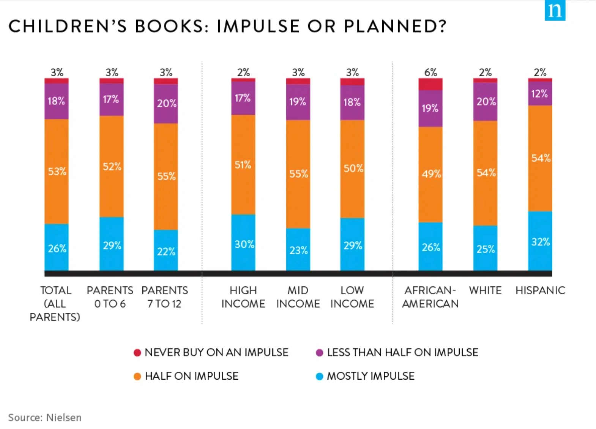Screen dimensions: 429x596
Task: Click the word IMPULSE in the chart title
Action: [x=258, y=26]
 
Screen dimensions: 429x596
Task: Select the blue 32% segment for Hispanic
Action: [x=540, y=241]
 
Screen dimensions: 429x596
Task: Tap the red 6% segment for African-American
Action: [x=430, y=84]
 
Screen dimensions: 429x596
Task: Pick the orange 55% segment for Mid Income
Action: [x=298, y=174]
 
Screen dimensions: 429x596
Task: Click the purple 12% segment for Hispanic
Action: [x=540, y=94]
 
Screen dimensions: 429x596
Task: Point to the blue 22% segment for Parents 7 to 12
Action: [x=166, y=251]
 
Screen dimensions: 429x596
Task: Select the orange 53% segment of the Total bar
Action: [x=57, y=171]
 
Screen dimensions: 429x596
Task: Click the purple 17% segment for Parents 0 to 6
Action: [x=111, y=99]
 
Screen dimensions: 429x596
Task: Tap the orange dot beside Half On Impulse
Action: [x=137, y=376]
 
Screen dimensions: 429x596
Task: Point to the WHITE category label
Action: [x=485, y=290]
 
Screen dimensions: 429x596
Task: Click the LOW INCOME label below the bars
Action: [x=352, y=297]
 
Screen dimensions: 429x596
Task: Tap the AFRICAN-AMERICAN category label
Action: [x=430, y=297]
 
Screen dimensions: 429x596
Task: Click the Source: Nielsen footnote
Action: [x=45, y=418]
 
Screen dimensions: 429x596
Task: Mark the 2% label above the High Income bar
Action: [x=243, y=72]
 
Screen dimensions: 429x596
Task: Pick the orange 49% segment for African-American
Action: [x=430, y=174]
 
